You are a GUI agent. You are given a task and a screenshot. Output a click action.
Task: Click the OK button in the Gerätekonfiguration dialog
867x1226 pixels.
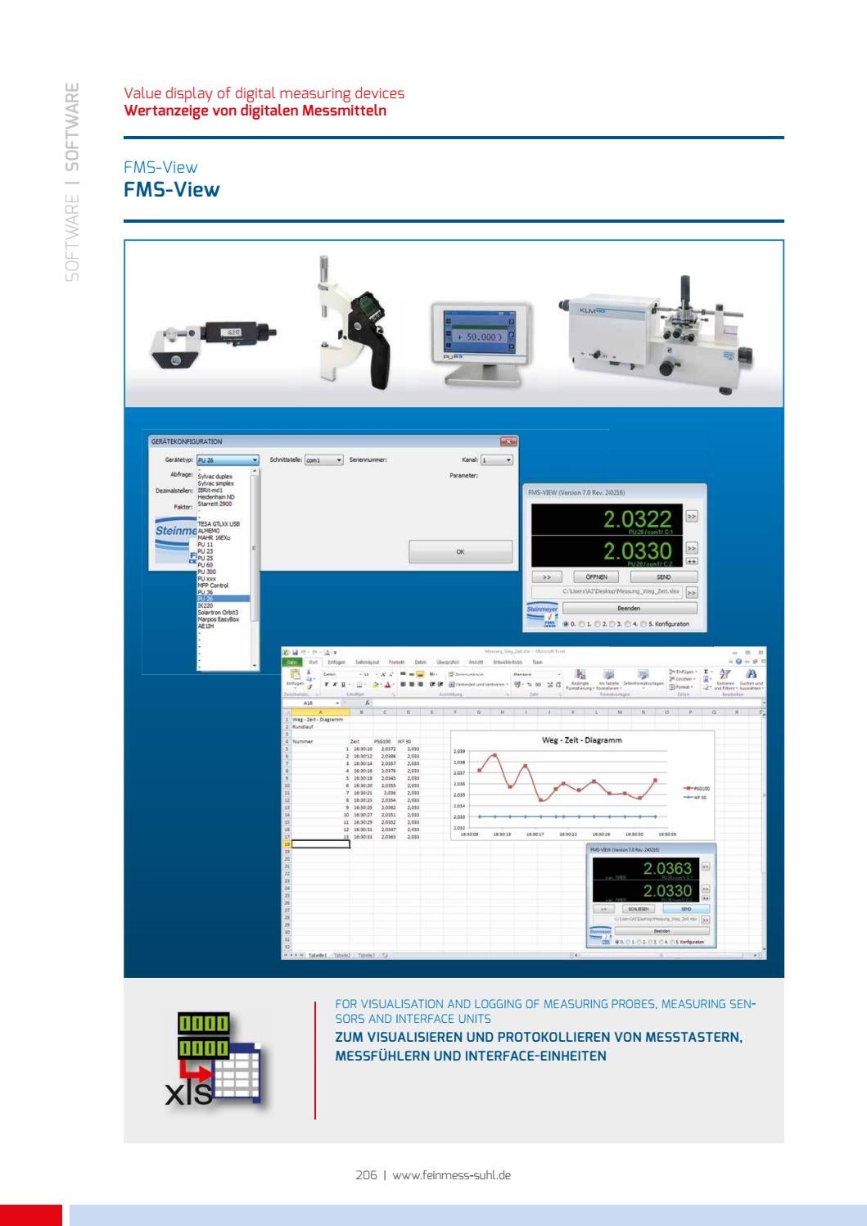[460, 552]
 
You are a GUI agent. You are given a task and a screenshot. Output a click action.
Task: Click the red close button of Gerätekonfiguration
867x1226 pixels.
[509, 441]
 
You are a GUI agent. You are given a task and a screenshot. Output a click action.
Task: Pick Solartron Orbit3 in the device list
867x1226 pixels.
[218, 612]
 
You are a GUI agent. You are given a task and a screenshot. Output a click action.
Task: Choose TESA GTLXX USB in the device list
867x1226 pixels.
[219, 523]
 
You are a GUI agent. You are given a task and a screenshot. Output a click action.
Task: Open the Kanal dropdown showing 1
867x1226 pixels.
[496, 460]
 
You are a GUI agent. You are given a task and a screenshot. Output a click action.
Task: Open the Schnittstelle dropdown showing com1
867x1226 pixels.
[323, 460]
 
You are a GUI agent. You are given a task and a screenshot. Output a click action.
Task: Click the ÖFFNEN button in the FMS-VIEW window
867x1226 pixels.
[595, 577]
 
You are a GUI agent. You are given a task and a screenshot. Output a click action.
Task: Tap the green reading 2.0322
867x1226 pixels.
[637, 519]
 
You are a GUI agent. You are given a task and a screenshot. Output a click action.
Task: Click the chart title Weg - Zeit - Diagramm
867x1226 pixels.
[582, 740]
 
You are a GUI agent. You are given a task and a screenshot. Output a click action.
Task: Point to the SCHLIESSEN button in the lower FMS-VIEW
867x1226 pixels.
[639, 909]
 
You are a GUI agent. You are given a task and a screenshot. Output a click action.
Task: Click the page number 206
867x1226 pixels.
[366, 1174]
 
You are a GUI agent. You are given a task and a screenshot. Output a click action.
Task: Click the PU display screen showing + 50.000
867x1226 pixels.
[475, 337]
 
